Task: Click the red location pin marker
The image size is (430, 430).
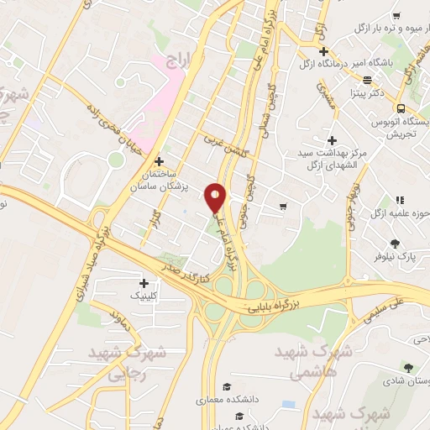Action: (216, 198)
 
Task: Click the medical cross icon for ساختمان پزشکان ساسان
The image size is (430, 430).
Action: (159, 160)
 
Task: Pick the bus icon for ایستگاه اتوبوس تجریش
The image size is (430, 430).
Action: (401, 107)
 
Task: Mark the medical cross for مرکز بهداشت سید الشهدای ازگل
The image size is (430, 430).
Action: (333, 140)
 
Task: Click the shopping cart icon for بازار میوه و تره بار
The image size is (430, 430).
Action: (396, 17)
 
